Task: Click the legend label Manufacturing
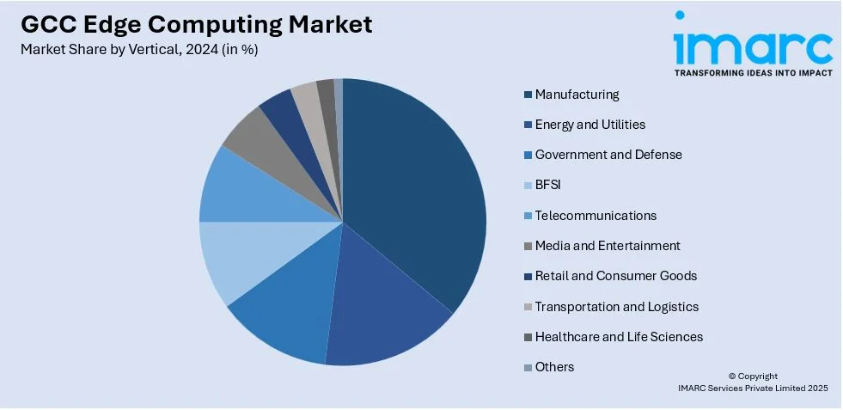pos(577,95)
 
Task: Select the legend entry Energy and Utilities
pos(589,125)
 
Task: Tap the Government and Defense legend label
pos(608,155)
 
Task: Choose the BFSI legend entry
pos(547,185)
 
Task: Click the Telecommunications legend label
pos(596,216)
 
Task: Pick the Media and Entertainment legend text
pos(608,246)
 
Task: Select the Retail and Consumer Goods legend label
pos(615,276)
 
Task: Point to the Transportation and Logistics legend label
pos(616,307)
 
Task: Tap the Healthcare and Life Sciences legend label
pos(619,337)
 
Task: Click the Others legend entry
pos(554,367)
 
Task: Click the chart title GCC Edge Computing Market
pos(197,24)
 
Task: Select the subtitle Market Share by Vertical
pos(138,49)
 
